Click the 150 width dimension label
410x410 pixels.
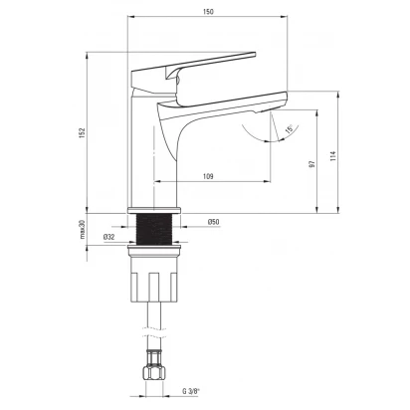(208, 12)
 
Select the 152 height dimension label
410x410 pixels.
(83, 132)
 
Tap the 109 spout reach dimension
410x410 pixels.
(208, 176)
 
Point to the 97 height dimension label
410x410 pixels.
(311, 163)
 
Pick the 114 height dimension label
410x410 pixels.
(333, 156)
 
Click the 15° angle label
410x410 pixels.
(290, 129)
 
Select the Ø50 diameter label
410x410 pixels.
(214, 222)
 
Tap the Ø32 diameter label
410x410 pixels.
(108, 237)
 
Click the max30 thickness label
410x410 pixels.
(83, 230)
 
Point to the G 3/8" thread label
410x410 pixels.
(191, 391)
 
